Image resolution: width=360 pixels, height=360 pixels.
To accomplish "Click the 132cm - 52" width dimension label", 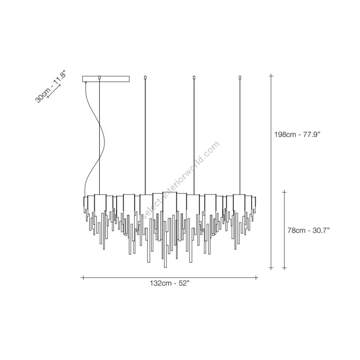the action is (170, 283).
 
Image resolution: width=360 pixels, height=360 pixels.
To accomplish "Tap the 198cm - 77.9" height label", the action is (297, 134).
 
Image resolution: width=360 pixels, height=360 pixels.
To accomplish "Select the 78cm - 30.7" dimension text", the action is (308, 230).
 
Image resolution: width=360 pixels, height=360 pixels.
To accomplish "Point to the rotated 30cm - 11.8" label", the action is (50, 86).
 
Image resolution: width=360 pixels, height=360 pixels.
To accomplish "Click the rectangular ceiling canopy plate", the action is (106, 79).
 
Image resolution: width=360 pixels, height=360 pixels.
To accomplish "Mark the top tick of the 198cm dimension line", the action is (271, 76).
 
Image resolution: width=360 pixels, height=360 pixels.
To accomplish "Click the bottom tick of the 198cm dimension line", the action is (271, 268).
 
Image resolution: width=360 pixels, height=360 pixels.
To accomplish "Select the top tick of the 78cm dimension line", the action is (284, 192).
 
